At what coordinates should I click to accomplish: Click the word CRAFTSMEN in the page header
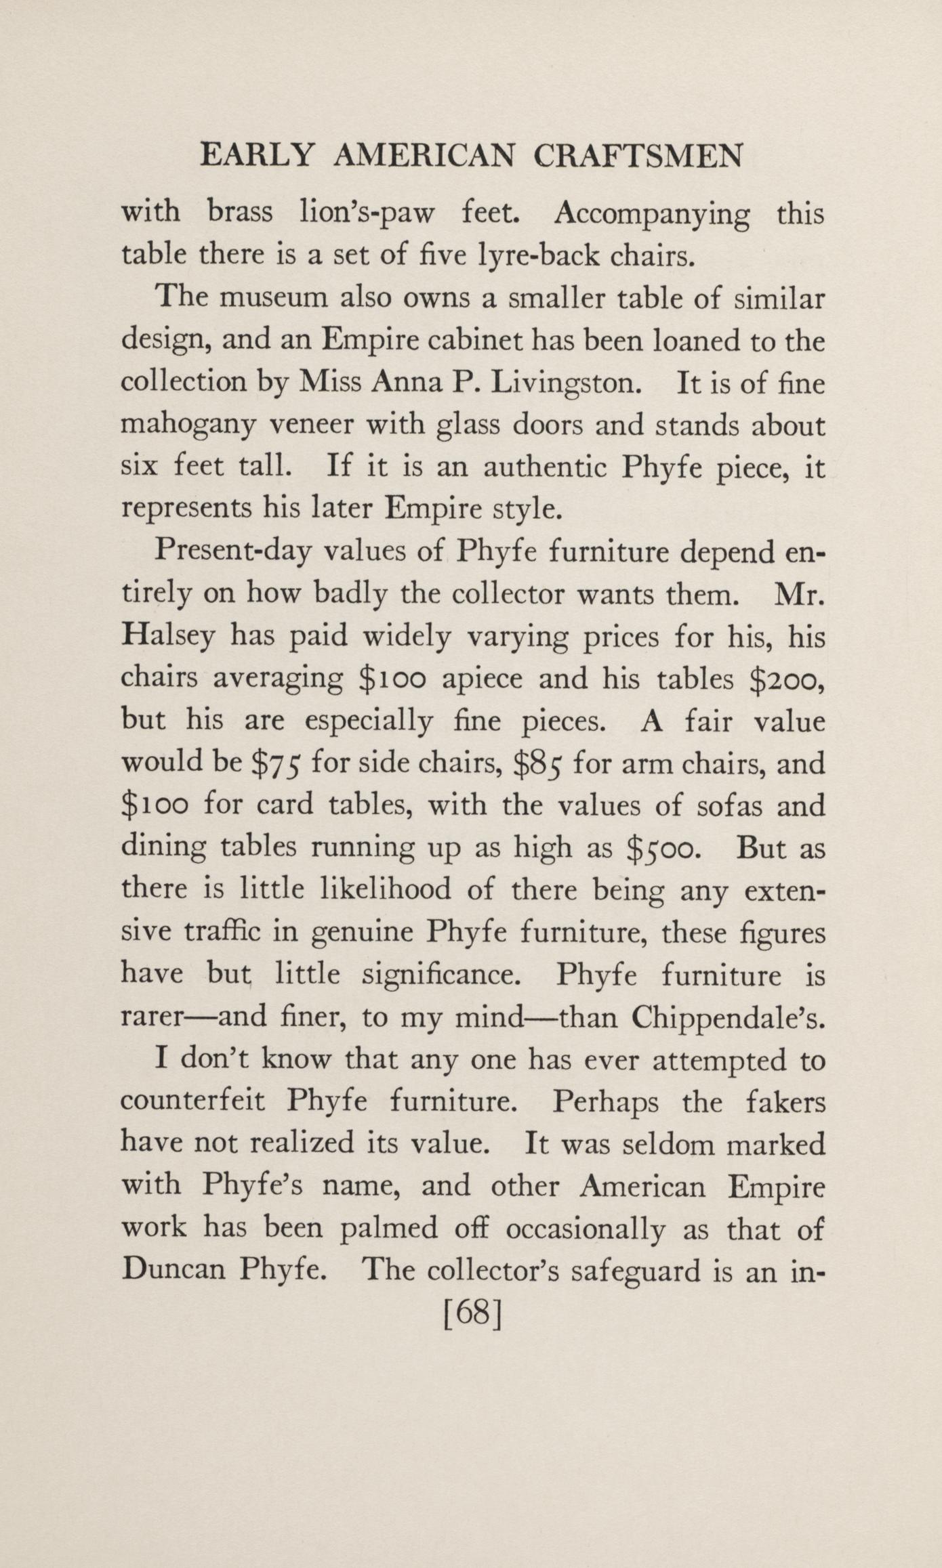click(x=637, y=156)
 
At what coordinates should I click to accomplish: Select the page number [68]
click(x=472, y=1315)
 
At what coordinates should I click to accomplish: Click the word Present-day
click(x=232, y=553)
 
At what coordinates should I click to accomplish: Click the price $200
click(x=788, y=679)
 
